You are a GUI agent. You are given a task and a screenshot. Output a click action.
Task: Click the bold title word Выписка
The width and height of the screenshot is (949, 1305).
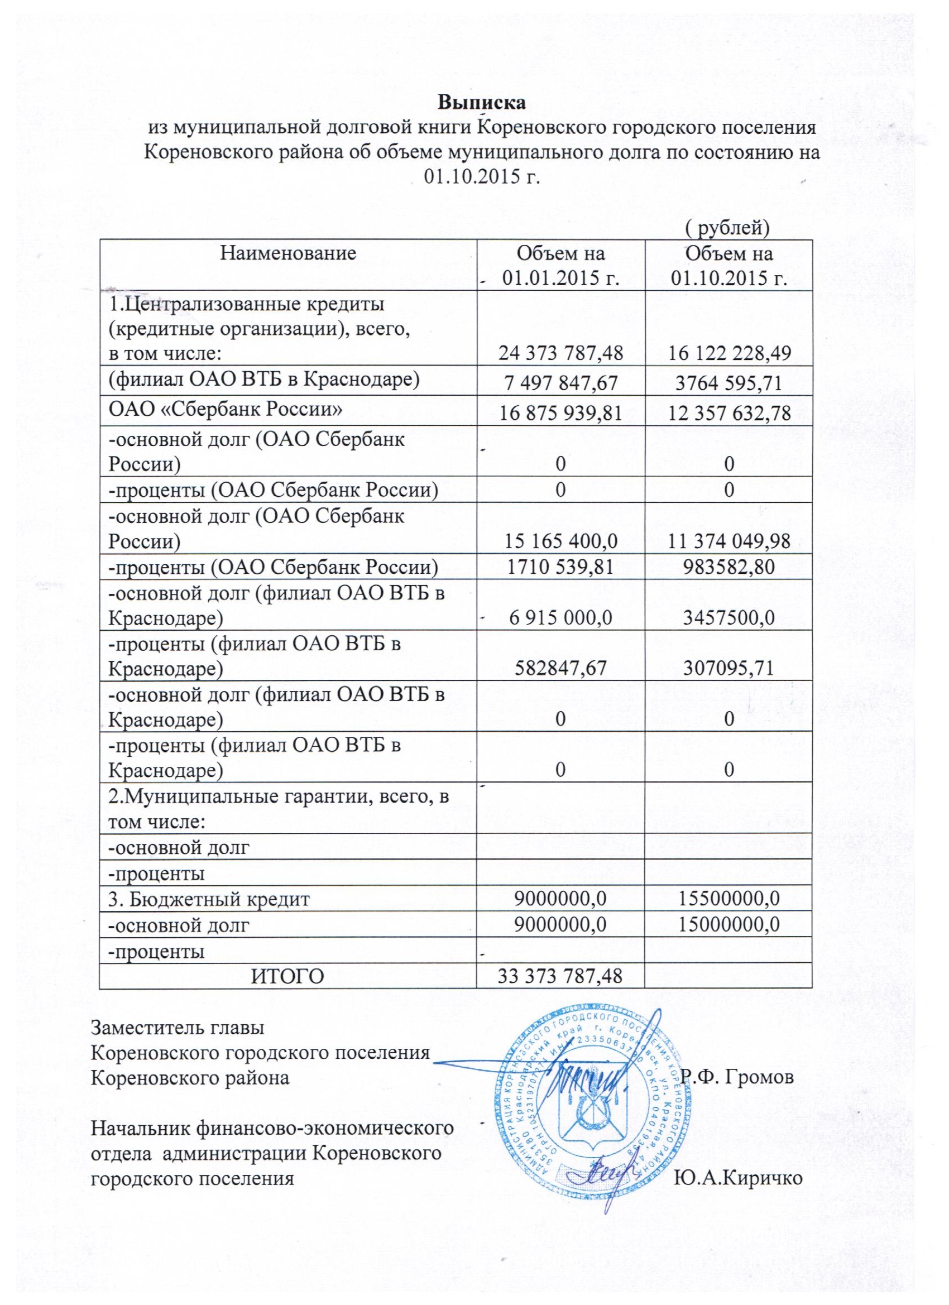click(482, 104)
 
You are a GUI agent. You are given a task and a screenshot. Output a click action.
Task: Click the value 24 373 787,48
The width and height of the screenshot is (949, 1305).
click(560, 353)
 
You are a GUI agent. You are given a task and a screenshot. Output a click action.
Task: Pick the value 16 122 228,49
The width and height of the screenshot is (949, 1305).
click(728, 353)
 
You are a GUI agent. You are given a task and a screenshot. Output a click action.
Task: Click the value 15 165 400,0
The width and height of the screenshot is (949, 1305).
click(560, 541)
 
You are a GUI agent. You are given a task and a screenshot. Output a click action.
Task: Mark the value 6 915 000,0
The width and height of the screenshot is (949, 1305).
click(560, 617)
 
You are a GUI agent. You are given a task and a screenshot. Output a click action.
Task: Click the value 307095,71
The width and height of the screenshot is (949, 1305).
click(728, 668)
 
